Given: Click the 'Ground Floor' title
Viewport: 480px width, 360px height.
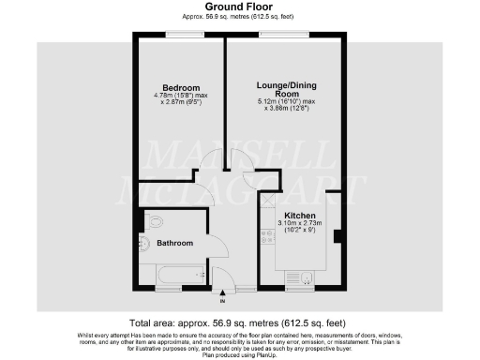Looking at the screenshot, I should click(x=240, y=6).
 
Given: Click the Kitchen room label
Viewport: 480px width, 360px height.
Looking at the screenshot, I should click(x=300, y=215).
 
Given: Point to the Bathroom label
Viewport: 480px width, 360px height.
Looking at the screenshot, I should click(x=174, y=243).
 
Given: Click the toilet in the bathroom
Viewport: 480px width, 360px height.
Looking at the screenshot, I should click(x=153, y=221).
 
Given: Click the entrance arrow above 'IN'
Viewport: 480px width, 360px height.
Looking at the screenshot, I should click(x=222, y=292).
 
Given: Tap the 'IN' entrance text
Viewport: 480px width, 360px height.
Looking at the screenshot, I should click(x=222, y=302).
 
